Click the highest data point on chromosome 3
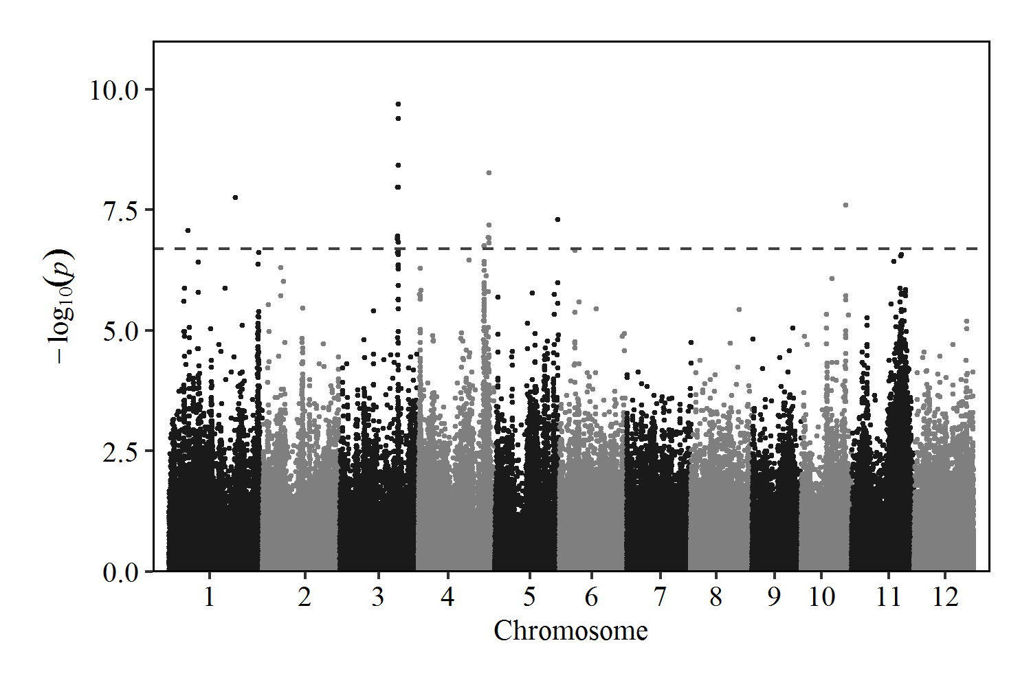pos(398,104)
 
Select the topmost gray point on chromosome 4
pos(489,173)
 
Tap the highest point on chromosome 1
pos(235,197)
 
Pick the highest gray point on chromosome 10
pos(845,205)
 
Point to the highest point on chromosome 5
pos(557,219)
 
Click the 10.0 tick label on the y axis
pos(114,90)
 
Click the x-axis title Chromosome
pos(570,631)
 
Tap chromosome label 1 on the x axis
pos(209,597)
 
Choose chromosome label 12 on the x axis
pos(945,597)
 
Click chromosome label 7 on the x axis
pos(660,597)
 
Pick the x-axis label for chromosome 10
pos(821,597)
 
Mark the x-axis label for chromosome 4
pos(447,597)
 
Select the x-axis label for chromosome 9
pos(774,597)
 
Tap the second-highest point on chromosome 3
pos(398,118)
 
